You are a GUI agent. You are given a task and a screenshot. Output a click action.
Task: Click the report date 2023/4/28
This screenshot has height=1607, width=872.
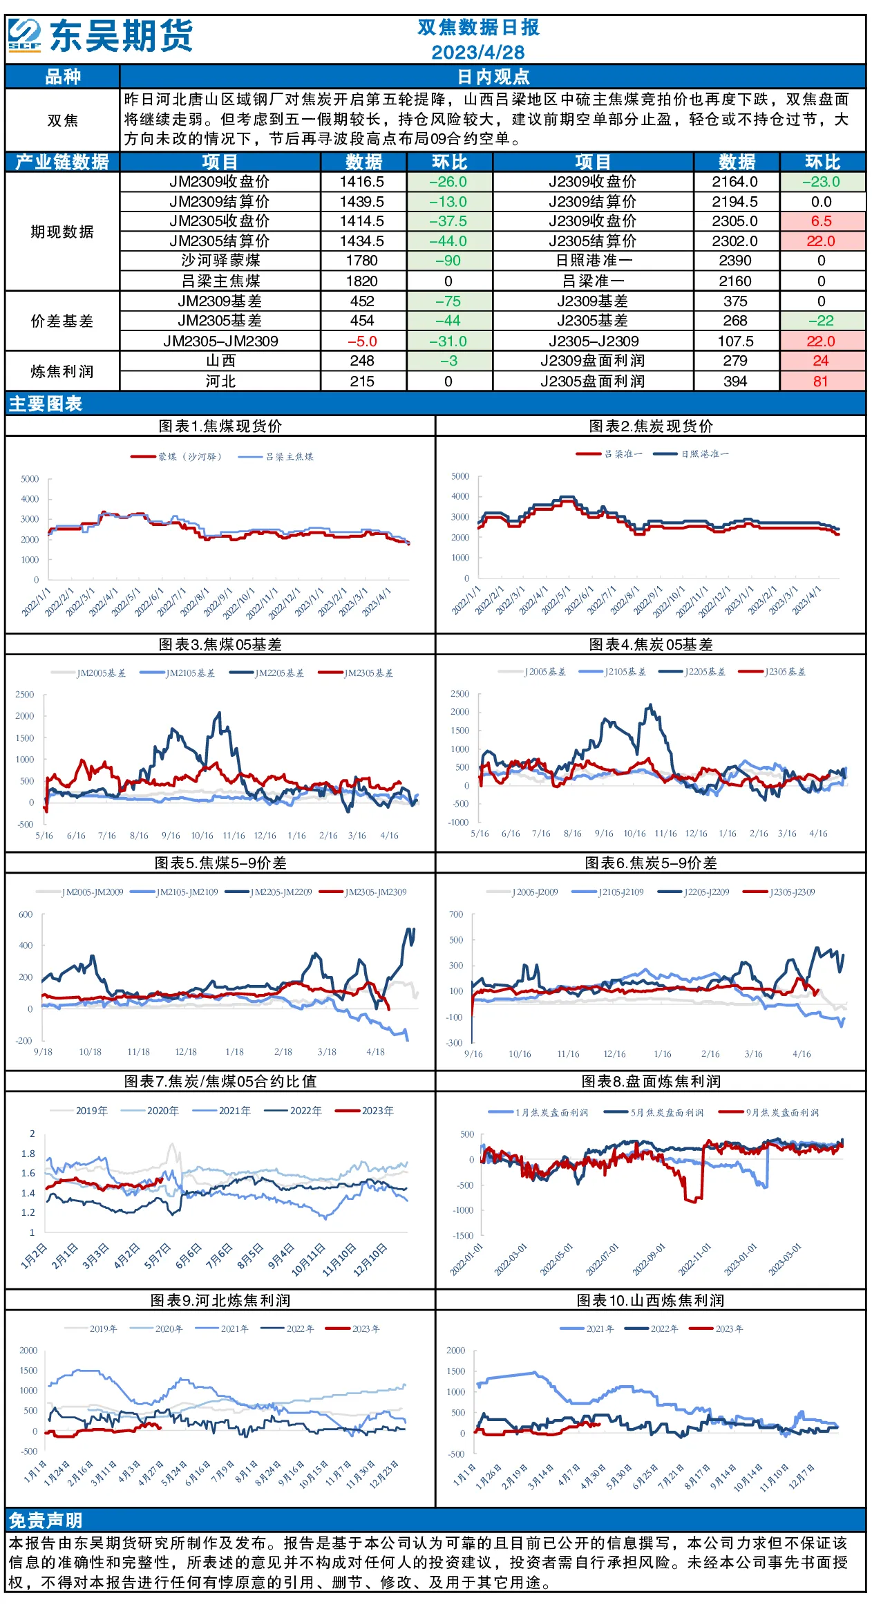click(477, 52)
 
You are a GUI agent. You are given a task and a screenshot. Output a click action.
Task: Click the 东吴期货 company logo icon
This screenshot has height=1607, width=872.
click(25, 35)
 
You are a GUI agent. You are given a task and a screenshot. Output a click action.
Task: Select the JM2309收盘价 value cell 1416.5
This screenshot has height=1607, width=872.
click(362, 182)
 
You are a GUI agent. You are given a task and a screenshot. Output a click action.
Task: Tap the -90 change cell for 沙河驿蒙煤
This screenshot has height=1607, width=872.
click(448, 261)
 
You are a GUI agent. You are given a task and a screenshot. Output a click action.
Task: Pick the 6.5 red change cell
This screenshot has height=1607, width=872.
click(821, 221)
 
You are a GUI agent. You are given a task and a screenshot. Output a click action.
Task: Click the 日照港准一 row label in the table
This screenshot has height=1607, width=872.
click(592, 261)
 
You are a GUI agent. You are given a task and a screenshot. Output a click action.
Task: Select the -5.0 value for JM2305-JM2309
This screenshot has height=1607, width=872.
click(362, 341)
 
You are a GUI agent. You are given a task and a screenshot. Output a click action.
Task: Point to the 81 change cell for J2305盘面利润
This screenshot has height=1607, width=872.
click(821, 382)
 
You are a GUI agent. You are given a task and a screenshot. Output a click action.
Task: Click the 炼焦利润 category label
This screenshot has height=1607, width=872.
click(62, 371)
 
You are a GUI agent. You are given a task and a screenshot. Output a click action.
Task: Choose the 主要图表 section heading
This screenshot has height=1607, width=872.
click(46, 404)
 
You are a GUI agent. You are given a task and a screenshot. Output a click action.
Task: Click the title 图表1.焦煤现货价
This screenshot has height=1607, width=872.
click(220, 426)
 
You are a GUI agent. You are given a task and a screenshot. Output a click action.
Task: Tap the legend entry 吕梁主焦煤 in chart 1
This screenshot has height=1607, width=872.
click(276, 457)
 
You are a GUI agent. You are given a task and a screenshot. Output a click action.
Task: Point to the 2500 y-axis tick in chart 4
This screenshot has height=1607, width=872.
click(459, 693)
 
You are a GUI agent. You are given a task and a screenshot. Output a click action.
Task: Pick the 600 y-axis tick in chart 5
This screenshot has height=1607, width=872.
click(26, 914)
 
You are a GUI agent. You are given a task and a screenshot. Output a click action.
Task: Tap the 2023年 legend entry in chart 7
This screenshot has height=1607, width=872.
click(364, 1111)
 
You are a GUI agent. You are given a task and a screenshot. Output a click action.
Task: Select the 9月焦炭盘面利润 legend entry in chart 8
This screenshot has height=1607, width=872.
click(768, 1112)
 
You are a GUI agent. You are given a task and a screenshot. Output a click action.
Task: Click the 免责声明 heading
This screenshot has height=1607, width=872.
click(46, 1520)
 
